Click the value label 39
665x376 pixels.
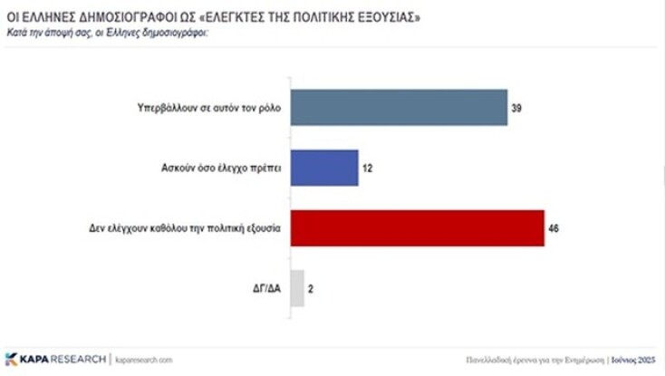(x=516, y=110)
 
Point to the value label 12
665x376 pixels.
(x=368, y=169)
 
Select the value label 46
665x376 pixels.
(x=554, y=228)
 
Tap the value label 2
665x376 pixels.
(x=312, y=288)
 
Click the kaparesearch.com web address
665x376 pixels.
(x=142, y=360)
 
